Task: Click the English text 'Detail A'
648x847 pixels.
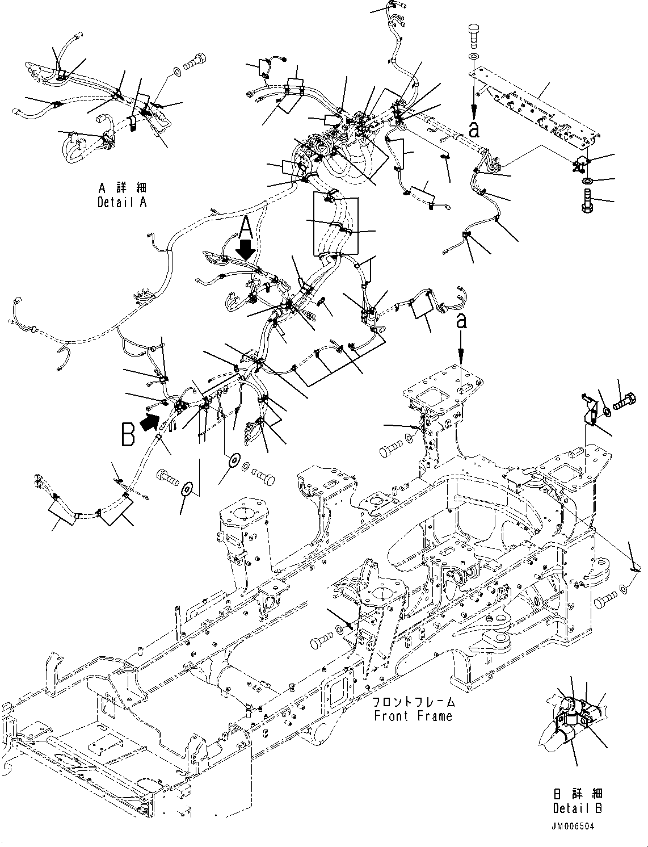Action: tap(121, 202)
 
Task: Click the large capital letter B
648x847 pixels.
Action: tap(127, 435)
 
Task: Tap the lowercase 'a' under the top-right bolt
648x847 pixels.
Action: tap(474, 129)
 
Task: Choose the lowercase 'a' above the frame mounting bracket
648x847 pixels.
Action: tap(462, 321)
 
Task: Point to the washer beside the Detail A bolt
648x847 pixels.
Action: tap(176, 72)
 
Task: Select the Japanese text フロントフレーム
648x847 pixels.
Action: tap(413, 702)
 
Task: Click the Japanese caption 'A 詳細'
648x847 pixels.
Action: tap(121, 188)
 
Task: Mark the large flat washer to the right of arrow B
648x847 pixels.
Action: tap(232, 459)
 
